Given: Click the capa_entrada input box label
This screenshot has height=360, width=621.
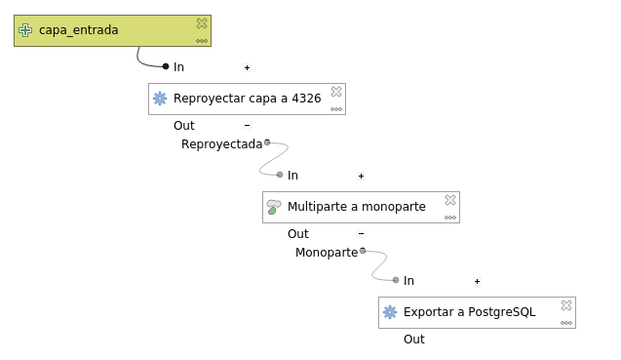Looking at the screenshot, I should coord(79,30).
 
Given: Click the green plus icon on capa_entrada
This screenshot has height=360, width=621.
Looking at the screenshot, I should coord(26,30).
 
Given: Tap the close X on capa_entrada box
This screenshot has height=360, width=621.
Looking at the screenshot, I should coord(202,22).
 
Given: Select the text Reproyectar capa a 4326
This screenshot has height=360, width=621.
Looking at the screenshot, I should coord(247,99).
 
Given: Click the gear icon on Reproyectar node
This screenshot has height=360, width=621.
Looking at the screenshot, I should coord(160,99).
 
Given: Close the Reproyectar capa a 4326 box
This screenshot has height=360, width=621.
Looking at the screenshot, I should coord(336,91).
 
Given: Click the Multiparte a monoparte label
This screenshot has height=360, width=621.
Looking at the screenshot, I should coord(357,207).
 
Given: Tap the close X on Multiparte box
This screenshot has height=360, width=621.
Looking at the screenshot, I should coord(450,199).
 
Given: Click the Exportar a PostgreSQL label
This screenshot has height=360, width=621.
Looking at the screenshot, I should coord(470,312).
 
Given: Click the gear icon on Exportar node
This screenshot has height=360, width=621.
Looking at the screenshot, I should coord(390,312).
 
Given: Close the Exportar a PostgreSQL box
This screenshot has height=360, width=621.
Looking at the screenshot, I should coord(566,304).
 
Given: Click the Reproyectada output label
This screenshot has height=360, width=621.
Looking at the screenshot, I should coord(221,144).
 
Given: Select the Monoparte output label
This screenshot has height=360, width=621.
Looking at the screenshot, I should coord(327,253).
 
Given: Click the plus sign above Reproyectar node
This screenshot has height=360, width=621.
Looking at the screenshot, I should coord(247,67).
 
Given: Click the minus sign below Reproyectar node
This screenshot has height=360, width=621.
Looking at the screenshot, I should coord(247,126).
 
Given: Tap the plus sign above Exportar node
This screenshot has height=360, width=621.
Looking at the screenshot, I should coord(477,281).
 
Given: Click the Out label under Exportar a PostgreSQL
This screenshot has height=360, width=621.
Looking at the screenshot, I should coord(414,340).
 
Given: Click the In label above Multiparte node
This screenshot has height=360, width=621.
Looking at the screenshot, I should coord(292,176).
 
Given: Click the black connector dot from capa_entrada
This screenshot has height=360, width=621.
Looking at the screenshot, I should coord(166,66).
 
